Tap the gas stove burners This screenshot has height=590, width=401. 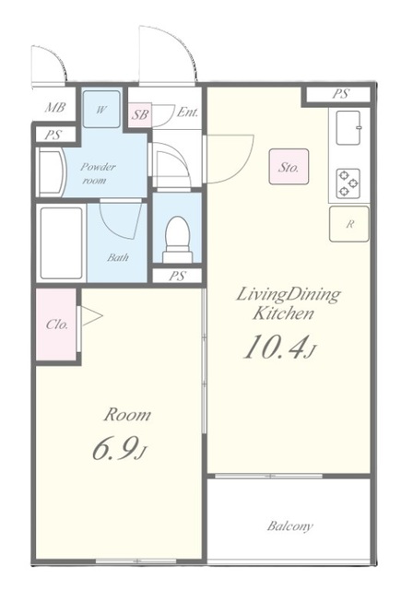click(348, 183)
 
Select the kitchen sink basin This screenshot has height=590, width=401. click(348, 127)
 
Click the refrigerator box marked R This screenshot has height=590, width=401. click(349, 224)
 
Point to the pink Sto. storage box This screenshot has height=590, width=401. click(289, 167)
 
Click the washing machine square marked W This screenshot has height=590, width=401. click(101, 109)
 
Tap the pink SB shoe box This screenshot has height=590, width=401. click(140, 114)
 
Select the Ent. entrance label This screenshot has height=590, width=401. click(187, 112)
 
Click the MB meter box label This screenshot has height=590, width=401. click(55, 108)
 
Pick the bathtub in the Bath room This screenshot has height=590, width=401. click(62, 243)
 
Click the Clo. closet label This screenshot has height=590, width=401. click(57, 324)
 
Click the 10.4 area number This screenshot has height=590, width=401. click(278, 347)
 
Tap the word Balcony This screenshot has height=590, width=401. click(289, 525)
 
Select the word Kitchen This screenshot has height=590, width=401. click(282, 313)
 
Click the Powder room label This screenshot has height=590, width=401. click(97, 173)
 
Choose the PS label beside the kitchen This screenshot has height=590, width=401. click(340, 94)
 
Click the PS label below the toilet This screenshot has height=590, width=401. click(177, 276)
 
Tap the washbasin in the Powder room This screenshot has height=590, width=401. click(52, 172)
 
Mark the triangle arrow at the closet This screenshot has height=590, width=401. click(91, 315)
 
